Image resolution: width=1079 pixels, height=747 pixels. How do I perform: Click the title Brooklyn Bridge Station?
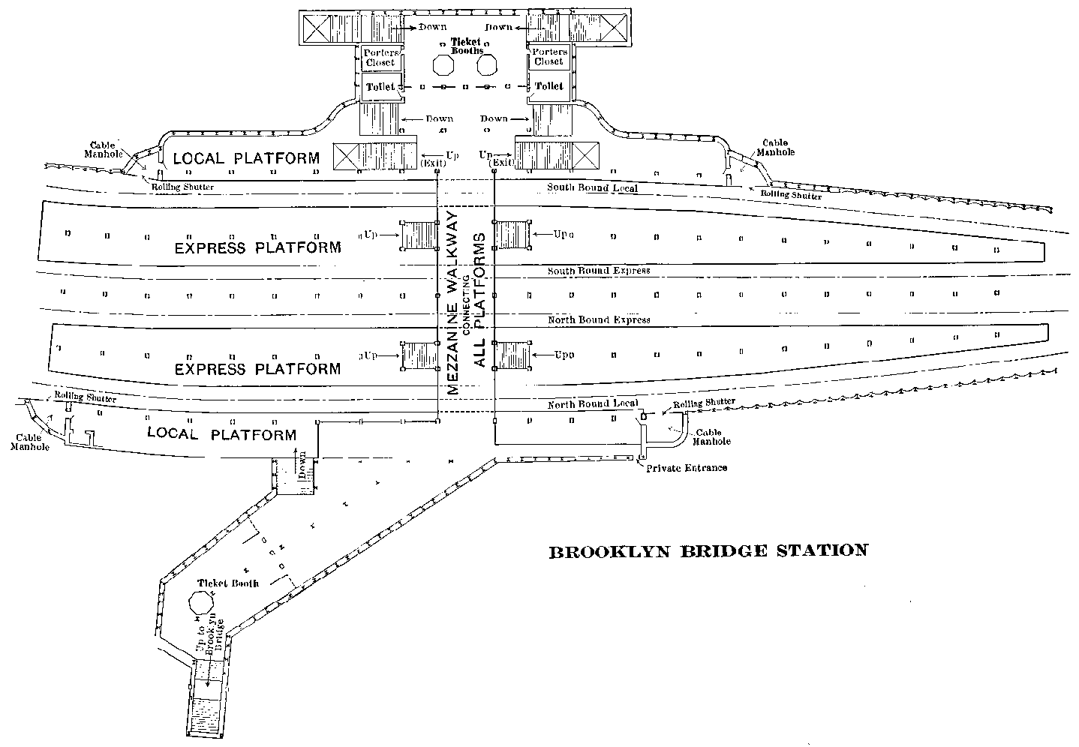click(x=708, y=551)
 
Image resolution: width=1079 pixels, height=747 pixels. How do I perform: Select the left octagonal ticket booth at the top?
click(x=443, y=64)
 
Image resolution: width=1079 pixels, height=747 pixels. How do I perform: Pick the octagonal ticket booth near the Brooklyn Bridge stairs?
click(x=202, y=601)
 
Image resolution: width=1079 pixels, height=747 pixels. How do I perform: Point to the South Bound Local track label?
click(x=592, y=187)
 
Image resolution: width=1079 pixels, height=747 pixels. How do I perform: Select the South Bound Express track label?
click(x=599, y=270)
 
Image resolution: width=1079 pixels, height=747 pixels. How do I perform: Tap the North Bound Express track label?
click(x=599, y=319)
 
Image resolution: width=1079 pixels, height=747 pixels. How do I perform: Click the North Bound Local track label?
click(x=593, y=403)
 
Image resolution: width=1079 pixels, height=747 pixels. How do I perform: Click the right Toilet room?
click(x=548, y=86)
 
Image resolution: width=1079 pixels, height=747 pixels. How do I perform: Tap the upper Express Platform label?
click(x=257, y=247)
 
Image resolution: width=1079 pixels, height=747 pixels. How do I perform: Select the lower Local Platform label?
click(x=221, y=434)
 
